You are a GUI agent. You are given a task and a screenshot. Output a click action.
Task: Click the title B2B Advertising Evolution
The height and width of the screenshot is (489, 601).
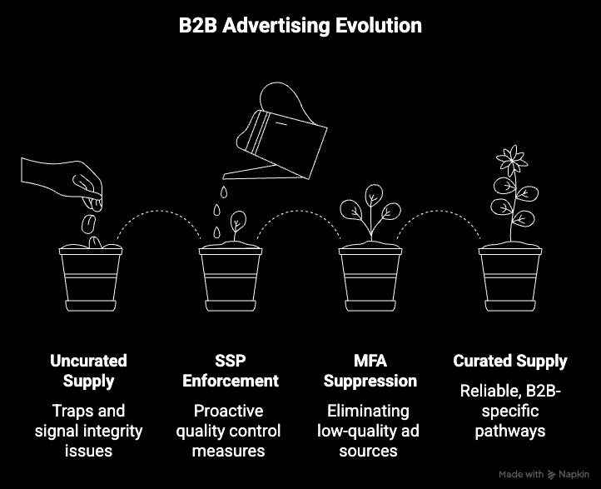pyautogui.click(x=300, y=26)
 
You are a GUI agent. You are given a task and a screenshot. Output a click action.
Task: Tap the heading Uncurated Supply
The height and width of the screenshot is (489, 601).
pyautogui.click(x=88, y=371)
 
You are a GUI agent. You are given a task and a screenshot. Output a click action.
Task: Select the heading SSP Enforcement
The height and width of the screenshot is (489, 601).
pyautogui.click(x=230, y=371)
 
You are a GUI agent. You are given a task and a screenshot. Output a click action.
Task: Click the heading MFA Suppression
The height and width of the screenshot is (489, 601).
pyautogui.click(x=370, y=371)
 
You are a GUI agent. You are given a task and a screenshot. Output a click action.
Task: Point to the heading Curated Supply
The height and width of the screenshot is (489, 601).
pyautogui.click(x=510, y=362)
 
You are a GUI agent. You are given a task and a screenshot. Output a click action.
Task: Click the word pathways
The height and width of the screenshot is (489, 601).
pyautogui.click(x=510, y=431)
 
